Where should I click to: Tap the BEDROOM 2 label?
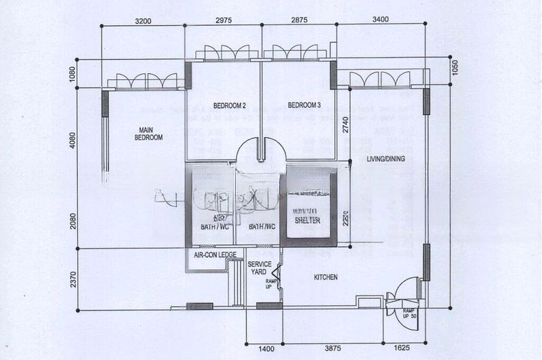tap(228, 105)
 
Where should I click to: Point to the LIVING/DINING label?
tap(381, 159)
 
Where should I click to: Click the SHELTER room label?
tap(307, 220)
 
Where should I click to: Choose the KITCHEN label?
tap(325, 277)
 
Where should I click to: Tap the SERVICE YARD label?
tap(259, 268)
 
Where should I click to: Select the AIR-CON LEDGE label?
tap(215, 254)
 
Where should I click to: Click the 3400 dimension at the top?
tap(380, 20)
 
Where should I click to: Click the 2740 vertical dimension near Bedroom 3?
tap(346, 124)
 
